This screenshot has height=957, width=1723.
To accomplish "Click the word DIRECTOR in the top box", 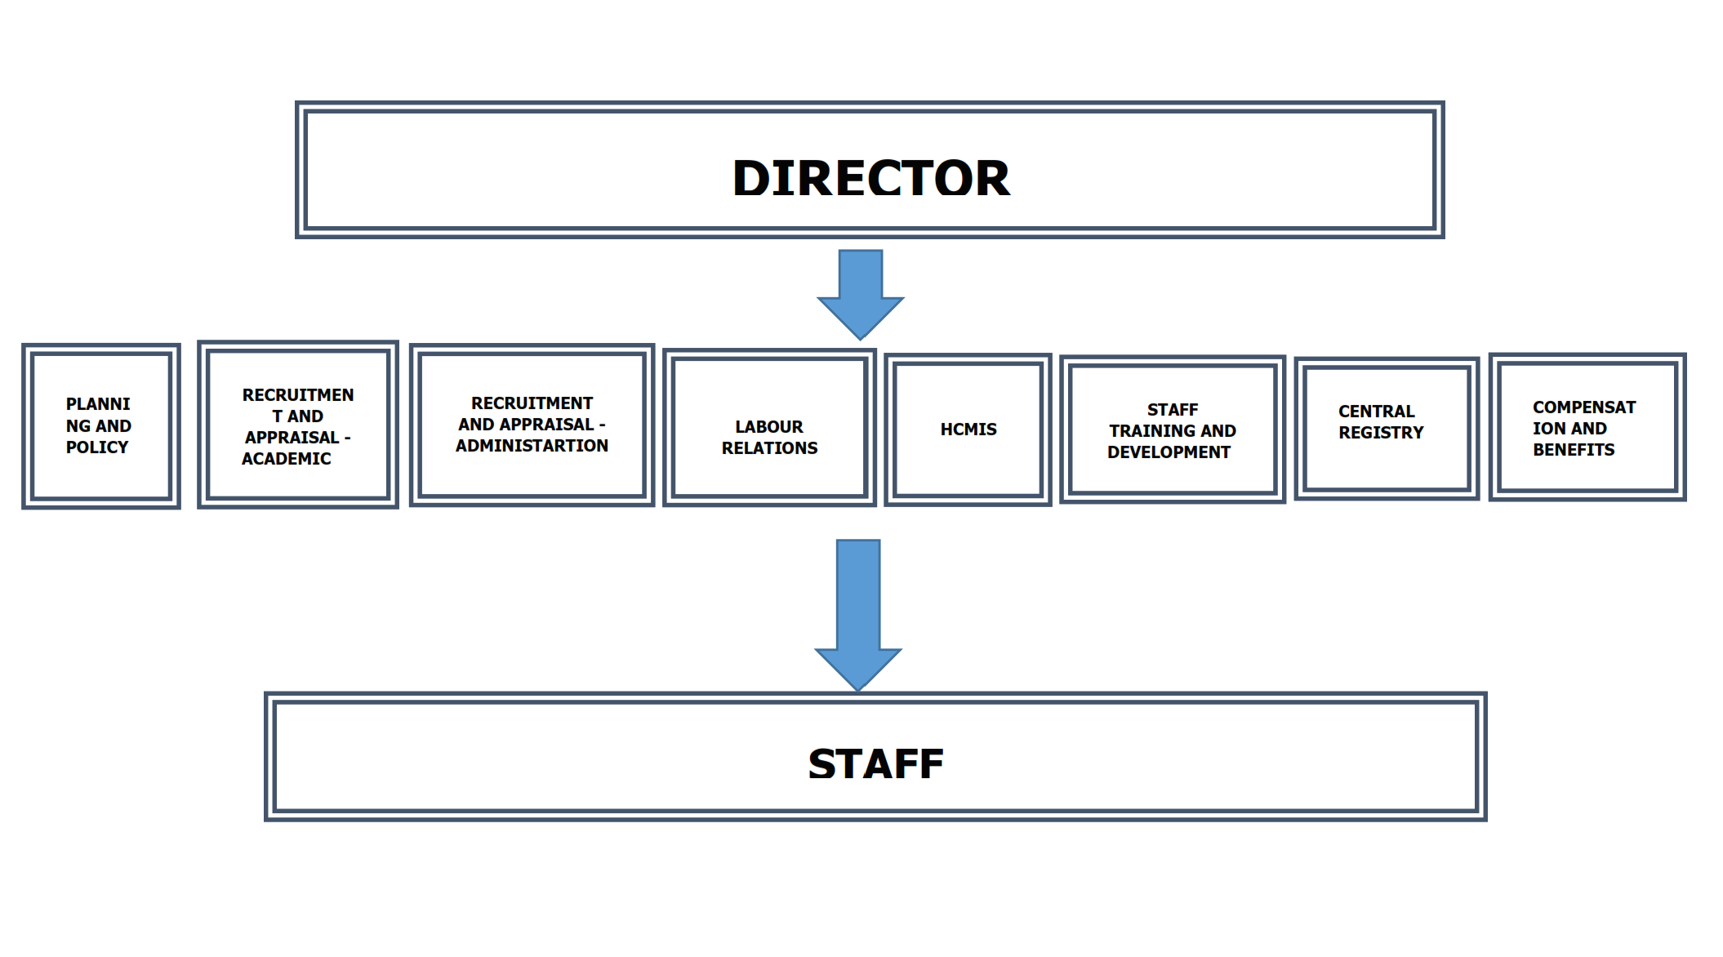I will pyautogui.click(x=871, y=178).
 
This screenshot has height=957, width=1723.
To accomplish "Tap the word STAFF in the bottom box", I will pyautogui.click(x=875, y=764).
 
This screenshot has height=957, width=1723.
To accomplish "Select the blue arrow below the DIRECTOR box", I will pyautogui.click(x=861, y=294).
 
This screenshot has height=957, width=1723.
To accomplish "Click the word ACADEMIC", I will pyautogui.click(x=287, y=459).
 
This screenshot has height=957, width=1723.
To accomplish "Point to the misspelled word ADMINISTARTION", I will pyautogui.click(x=532, y=446).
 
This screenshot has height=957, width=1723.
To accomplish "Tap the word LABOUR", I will pyautogui.click(x=769, y=427).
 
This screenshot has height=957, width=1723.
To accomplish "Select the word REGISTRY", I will pyautogui.click(x=1381, y=433).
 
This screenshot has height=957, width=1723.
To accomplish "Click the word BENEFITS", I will pyautogui.click(x=1574, y=450).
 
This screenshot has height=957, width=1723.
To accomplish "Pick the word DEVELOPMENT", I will pyautogui.click(x=1169, y=452).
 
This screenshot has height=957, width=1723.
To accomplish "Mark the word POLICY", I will pyautogui.click(x=97, y=447).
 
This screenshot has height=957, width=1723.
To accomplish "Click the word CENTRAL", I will pyautogui.click(x=1377, y=412).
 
